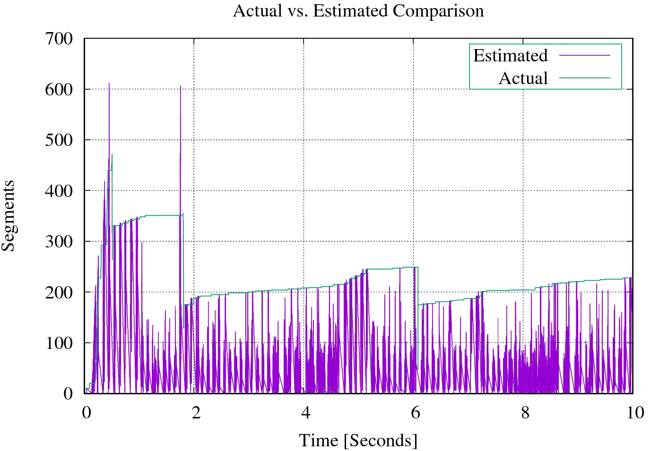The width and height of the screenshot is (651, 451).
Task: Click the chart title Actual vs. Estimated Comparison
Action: pos(358,10)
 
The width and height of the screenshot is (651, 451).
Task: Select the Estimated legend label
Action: pos(510,56)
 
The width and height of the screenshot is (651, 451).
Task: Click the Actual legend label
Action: pos(523,78)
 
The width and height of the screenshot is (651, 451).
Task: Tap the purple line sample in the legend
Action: pos(585,56)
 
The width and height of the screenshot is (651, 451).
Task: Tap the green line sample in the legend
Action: pos(585,78)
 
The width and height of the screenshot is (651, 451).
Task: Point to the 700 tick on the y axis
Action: pos(59,38)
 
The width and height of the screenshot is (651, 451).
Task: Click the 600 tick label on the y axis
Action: pos(59,89)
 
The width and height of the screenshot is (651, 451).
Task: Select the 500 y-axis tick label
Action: pos(59,140)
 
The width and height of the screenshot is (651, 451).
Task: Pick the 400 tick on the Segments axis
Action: pos(59,191)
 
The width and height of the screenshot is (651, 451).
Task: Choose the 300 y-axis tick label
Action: pos(59,241)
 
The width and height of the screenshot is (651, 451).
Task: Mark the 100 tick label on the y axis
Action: pos(59,343)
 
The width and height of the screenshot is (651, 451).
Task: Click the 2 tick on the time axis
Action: pos(196,413)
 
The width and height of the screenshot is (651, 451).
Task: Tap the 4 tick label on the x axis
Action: pos(305,413)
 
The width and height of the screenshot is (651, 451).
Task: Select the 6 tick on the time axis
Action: pos(415,413)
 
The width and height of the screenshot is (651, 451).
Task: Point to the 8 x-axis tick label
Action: pos(525,413)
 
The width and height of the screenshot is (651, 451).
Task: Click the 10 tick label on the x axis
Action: pos(635,413)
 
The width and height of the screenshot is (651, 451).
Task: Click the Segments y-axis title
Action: pos(9,215)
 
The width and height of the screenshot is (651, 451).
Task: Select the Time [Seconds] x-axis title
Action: pos(358,441)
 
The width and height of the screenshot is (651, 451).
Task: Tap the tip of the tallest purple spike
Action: pos(109,84)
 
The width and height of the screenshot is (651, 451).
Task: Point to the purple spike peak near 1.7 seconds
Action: pos(180,86)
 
